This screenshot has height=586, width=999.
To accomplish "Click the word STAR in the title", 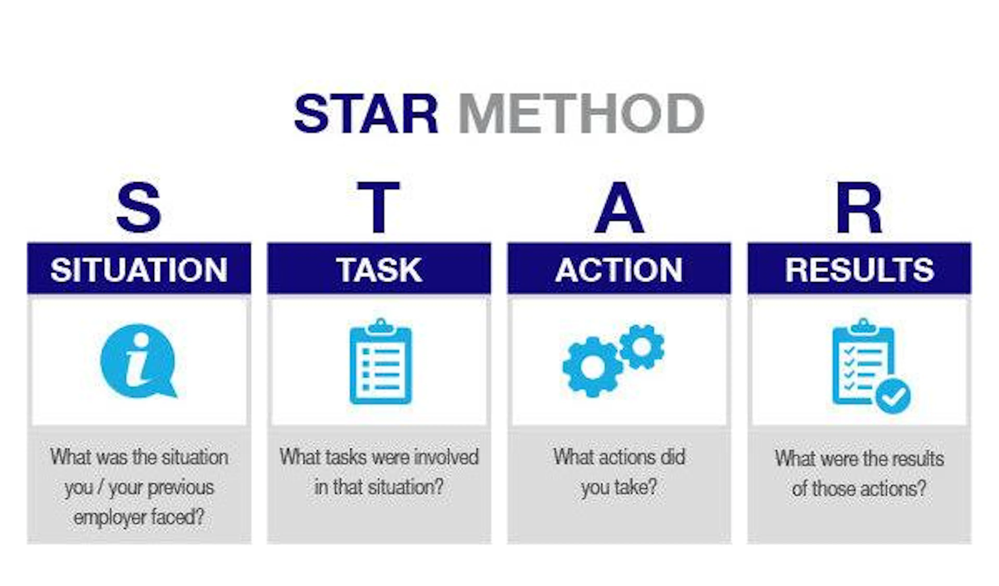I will pos(366,114).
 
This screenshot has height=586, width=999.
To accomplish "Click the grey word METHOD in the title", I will pos(581,114).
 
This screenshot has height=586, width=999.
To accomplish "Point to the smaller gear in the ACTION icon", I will pos(642,347).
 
